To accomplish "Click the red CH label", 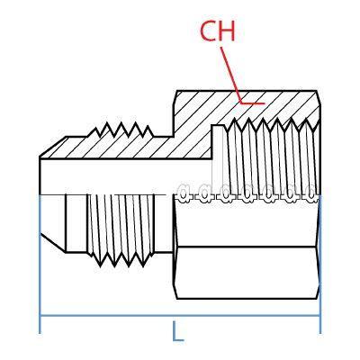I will tap(217, 32).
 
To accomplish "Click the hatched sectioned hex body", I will tap(193, 112).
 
